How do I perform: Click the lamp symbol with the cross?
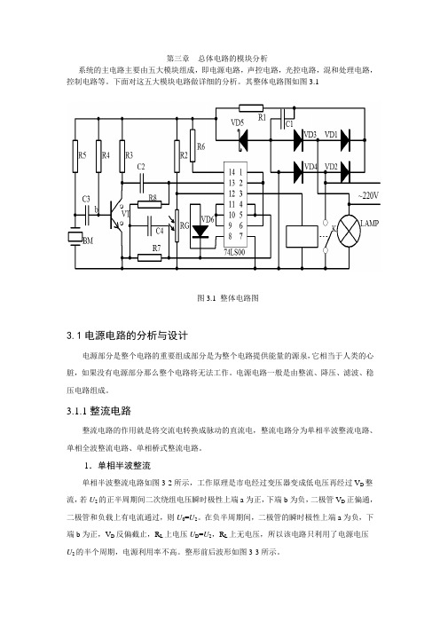(x=349, y=231)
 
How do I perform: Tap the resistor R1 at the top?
(x=251, y=108)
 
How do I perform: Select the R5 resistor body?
(x=75, y=156)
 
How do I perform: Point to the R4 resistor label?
(x=106, y=156)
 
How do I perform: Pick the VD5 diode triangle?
(x=242, y=140)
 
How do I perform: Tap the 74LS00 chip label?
(x=234, y=252)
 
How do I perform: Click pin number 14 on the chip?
(x=232, y=172)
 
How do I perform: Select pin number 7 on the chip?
(x=240, y=236)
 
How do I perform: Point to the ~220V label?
(x=368, y=195)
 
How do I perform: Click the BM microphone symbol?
(x=75, y=237)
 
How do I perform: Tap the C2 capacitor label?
(x=141, y=167)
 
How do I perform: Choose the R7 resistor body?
(x=150, y=258)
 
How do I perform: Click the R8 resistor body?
(x=150, y=205)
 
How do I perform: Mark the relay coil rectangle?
(x=302, y=236)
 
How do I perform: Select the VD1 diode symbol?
(x=345, y=140)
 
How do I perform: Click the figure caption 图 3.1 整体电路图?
(x=228, y=298)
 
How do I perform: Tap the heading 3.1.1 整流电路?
(x=98, y=411)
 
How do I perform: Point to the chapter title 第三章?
(x=177, y=59)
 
